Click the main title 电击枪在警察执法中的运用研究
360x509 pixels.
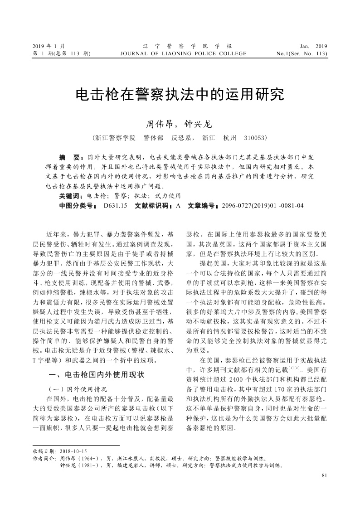pyautogui.click(x=180, y=94)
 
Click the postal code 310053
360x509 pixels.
pyautogui.click(x=255, y=137)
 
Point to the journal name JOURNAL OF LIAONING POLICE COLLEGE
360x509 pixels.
pyautogui.click(x=183, y=53)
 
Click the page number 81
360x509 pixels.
pyautogui.click(x=323, y=475)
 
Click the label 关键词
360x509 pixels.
pyautogui.click(x=71, y=196)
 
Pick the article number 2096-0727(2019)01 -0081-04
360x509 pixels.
pyautogui.click(x=262, y=205)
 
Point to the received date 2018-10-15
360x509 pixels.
pyautogui.click(x=72, y=451)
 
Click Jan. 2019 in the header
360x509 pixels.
pyautogui.click(x=313, y=46)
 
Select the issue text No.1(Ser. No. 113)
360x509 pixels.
pyautogui.click(x=302, y=53)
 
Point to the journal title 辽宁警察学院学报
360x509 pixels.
pyautogui.click(x=185, y=46)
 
